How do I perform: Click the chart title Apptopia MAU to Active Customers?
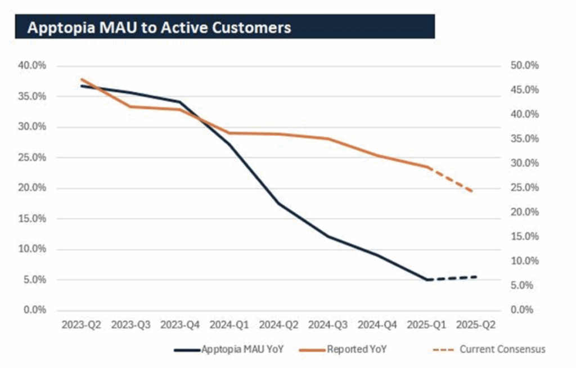[159, 28]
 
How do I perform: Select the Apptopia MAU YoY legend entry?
[242, 349]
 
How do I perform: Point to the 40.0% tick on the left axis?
[34, 66]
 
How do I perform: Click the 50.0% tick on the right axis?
[525, 66]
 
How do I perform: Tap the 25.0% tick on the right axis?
[525, 188]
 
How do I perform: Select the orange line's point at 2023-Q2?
[82, 79]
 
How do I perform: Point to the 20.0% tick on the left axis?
[34, 188]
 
